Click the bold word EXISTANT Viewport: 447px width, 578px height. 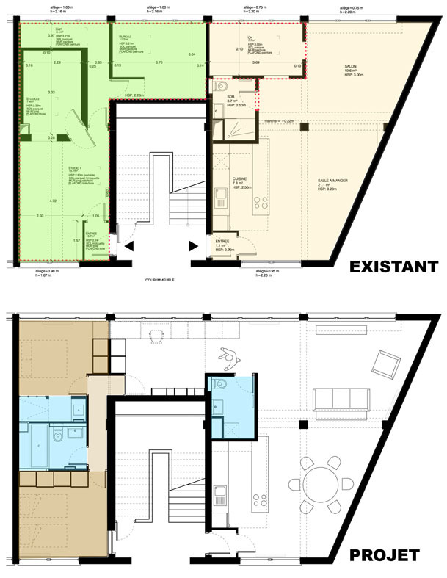(384, 266)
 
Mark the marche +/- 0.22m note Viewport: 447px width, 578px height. (278, 121)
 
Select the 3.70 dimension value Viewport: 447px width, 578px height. (159, 62)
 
